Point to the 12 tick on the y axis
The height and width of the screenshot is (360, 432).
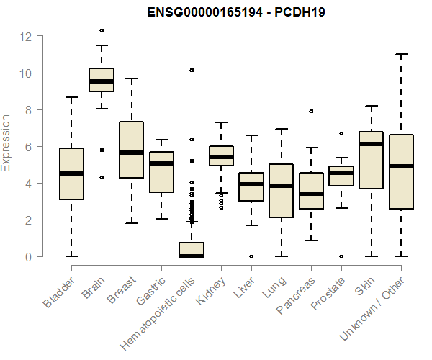(26, 36)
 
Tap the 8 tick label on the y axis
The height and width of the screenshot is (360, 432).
(26, 109)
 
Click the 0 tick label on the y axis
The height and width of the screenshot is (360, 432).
(26, 256)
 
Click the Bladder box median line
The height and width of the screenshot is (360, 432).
(71, 174)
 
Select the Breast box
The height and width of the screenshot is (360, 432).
(131, 149)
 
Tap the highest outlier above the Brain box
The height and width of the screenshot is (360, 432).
(102, 30)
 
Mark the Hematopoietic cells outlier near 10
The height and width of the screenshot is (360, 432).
(192, 70)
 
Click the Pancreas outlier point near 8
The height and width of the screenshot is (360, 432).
(311, 111)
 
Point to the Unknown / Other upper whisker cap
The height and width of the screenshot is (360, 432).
(401, 54)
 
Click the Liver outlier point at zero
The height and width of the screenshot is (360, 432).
(251, 256)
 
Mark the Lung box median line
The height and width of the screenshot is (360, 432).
(281, 186)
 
